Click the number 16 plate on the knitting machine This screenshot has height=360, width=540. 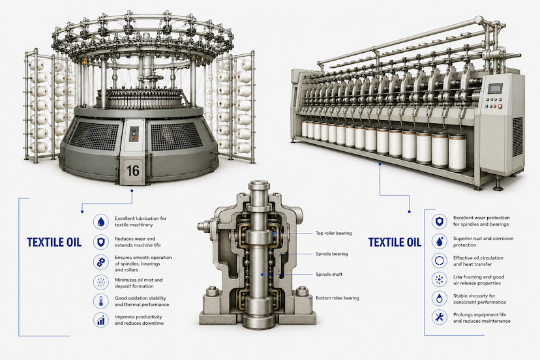[x=132, y=170]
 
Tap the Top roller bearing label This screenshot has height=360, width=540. [x=334, y=233]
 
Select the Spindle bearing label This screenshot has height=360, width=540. [x=332, y=254]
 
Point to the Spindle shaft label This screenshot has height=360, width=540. [x=329, y=275]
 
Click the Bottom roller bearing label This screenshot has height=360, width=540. [x=337, y=298]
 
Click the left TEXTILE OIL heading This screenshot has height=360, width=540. [x=54, y=242]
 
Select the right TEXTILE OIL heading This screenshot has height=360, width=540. [x=395, y=242]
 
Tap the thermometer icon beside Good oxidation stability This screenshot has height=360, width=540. [x=101, y=301]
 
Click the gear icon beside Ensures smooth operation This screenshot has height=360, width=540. [x=101, y=263]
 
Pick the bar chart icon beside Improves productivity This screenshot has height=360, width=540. [x=101, y=320]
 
